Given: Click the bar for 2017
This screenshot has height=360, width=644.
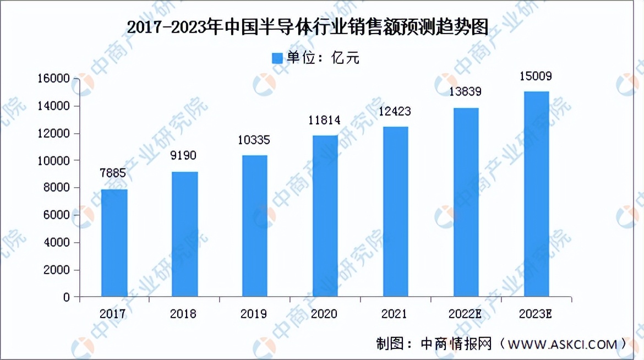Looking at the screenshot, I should click(x=114, y=243).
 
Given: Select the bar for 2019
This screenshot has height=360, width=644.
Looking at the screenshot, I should click(x=255, y=226).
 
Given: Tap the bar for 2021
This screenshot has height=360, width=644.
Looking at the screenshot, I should click(x=396, y=211).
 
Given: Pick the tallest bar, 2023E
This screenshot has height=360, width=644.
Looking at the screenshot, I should click(x=536, y=194).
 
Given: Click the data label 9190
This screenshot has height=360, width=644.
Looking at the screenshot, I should click(x=184, y=156).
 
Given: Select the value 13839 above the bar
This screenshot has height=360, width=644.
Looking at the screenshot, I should click(x=465, y=92).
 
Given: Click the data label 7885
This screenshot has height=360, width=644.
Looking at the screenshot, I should click(x=113, y=174).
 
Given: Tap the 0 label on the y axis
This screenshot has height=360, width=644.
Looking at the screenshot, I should click(x=67, y=297).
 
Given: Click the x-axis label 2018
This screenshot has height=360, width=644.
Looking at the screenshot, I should click(x=183, y=314).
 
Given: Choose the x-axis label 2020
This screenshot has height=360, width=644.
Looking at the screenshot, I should click(x=324, y=314).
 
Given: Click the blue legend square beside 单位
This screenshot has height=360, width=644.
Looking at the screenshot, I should click(x=277, y=57).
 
